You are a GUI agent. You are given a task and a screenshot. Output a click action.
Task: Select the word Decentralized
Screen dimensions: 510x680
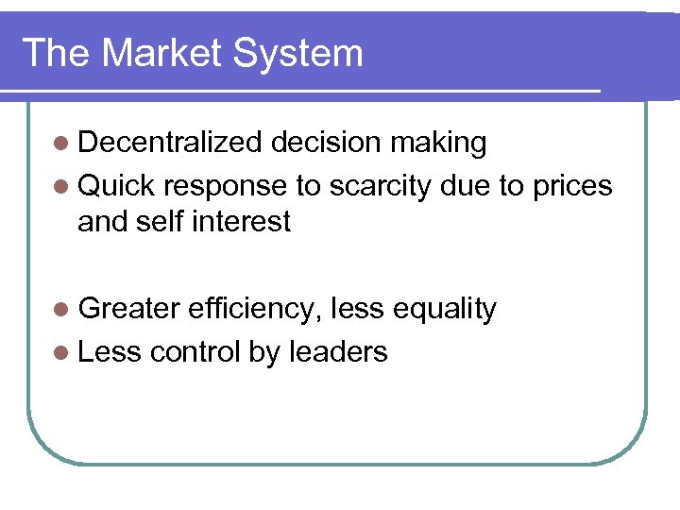tap(169, 143)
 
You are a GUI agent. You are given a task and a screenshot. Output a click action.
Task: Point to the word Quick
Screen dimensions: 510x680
tap(116, 186)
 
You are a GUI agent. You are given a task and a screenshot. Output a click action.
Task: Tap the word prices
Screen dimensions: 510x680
tap(569, 186)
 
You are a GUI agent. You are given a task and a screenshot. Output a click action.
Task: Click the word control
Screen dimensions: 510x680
tap(195, 352)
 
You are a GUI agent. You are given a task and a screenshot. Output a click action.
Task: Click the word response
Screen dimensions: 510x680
tap(227, 186)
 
